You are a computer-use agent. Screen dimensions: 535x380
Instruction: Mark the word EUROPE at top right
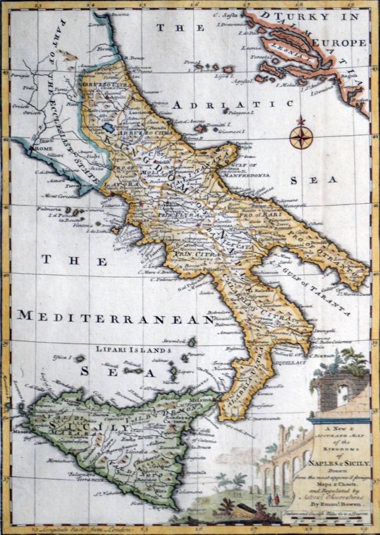(341, 44)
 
